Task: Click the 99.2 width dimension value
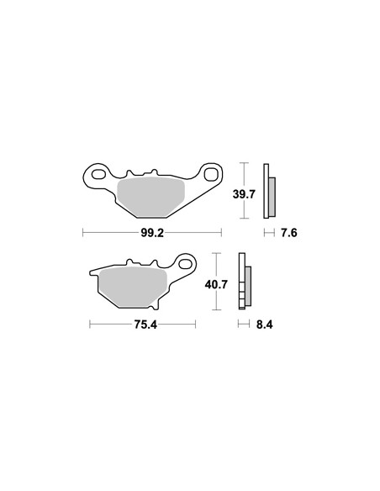pyautogui.click(x=152, y=233)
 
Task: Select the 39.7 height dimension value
pyautogui.click(x=244, y=194)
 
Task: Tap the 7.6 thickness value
pyautogui.click(x=288, y=233)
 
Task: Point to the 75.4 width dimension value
pyautogui.click(x=145, y=325)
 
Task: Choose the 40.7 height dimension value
pyautogui.click(x=216, y=285)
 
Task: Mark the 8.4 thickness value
pyautogui.click(x=265, y=325)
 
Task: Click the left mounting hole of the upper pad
pyautogui.click(x=98, y=174)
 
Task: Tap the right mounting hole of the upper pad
pyautogui.click(x=211, y=174)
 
